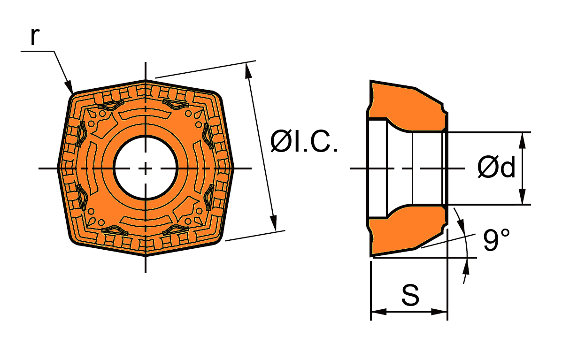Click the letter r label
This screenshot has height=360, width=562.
(34, 36)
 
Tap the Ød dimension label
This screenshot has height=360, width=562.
(496, 167)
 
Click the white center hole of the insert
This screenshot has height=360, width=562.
(146, 168)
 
